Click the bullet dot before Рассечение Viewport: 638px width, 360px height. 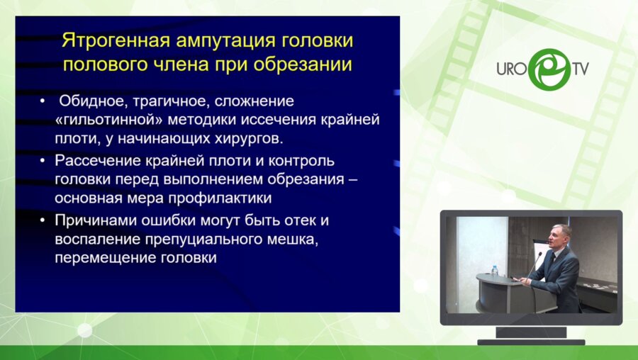pyautogui.click(x=43, y=161)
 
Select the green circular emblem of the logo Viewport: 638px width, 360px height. pyautogui.click(x=546, y=69)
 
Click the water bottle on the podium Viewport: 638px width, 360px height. pyautogui.click(x=494, y=270)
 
